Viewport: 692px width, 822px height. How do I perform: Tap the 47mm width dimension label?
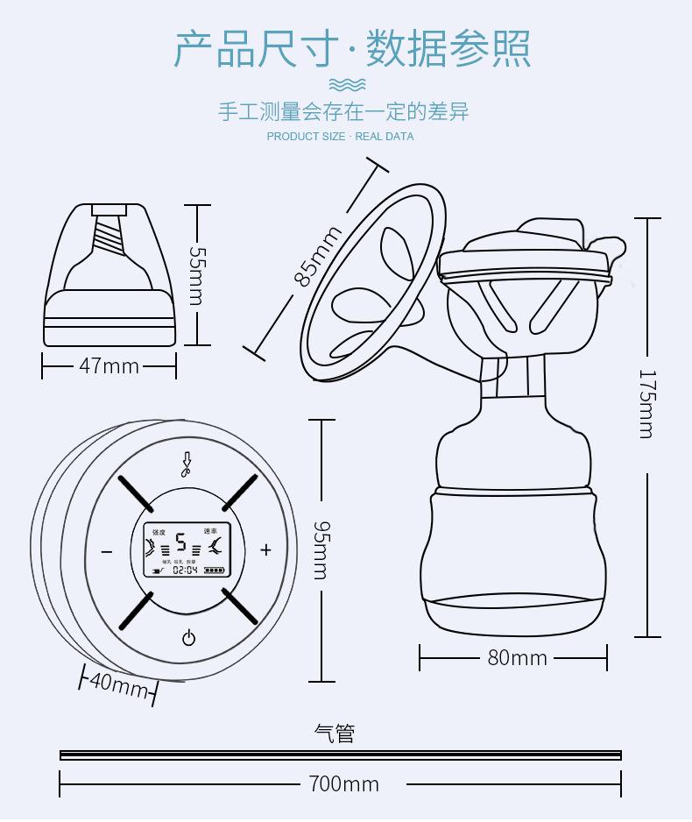[x=109, y=365]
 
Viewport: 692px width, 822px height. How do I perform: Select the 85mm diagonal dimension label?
[x=317, y=257]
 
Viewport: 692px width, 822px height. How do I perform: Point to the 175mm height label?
[x=646, y=403]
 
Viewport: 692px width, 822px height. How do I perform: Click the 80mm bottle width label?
[x=517, y=657]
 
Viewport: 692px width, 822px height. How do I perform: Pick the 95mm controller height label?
[x=321, y=549]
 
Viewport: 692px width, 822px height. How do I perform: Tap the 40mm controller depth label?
[x=118, y=684]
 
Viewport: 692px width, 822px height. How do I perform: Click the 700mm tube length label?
[x=344, y=783]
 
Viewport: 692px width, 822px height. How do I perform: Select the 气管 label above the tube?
[x=335, y=733]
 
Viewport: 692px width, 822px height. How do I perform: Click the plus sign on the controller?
[x=265, y=550]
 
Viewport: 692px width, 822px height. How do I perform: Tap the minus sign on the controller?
[x=107, y=551]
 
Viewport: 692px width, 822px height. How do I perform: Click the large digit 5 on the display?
[x=181, y=542]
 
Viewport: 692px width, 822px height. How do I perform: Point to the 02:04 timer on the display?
[x=185, y=570]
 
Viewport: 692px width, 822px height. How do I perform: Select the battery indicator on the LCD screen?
[x=215, y=570]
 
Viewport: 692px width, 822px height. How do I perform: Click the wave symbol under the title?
[x=347, y=84]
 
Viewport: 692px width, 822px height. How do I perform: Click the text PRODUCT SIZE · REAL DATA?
[x=340, y=136]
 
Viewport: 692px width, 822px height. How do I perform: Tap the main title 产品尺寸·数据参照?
[x=352, y=48]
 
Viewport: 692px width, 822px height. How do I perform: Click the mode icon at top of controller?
[x=186, y=464]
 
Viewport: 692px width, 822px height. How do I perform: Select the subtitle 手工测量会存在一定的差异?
[x=343, y=111]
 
